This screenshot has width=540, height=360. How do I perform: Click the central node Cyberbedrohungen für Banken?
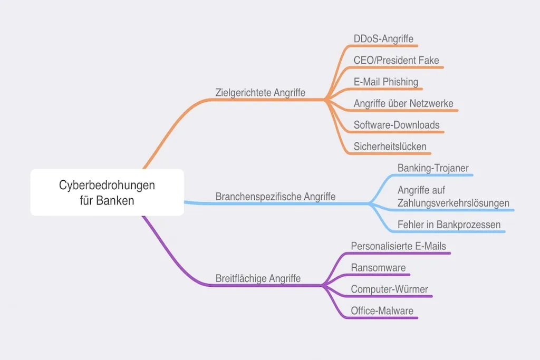pyautogui.click(x=107, y=192)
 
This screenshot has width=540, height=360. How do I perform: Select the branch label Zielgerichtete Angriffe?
pyautogui.click(x=261, y=92)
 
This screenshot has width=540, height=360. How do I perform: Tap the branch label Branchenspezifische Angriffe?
pyautogui.click(x=275, y=197)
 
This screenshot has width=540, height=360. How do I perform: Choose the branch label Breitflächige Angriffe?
pyautogui.click(x=258, y=278)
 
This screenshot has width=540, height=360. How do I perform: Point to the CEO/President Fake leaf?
pyautogui.click(x=396, y=60)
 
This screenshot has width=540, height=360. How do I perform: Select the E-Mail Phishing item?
pyautogui.click(x=385, y=82)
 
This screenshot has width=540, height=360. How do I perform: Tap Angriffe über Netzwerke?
pyautogui.click(x=403, y=103)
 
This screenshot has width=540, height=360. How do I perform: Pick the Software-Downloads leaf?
pyautogui.click(x=396, y=125)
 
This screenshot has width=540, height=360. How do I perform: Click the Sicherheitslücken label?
pyautogui.click(x=390, y=146)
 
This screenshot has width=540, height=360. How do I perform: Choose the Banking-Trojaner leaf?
pyautogui.click(x=433, y=168)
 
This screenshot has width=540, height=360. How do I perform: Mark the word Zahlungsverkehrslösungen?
pyautogui.click(x=453, y=203)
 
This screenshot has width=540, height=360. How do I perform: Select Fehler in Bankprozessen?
pyautogui.click(x=449, y=225)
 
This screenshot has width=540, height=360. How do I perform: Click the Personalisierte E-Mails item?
pyautogui.click(x=398, y=246)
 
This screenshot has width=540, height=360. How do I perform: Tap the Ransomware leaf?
pyautogui.click(x=378, y=267)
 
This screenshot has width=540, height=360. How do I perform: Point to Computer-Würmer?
pyautogui.click(x=389, y=289)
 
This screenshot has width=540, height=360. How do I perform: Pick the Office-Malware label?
pyautogui.click(x=382, y=310)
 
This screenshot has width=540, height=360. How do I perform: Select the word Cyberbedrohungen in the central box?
pyautogui.click(x=107, y=186)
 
